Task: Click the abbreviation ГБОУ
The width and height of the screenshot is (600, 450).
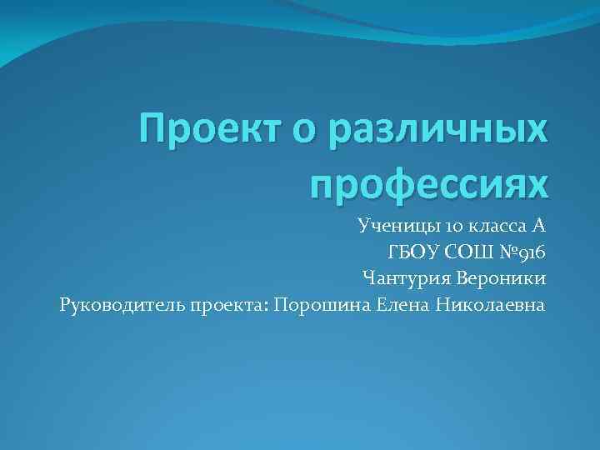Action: tap(411, 252)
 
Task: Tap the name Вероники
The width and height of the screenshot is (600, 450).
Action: tap(497, 277)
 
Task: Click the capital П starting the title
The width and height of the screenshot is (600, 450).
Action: tap(156, 130)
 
